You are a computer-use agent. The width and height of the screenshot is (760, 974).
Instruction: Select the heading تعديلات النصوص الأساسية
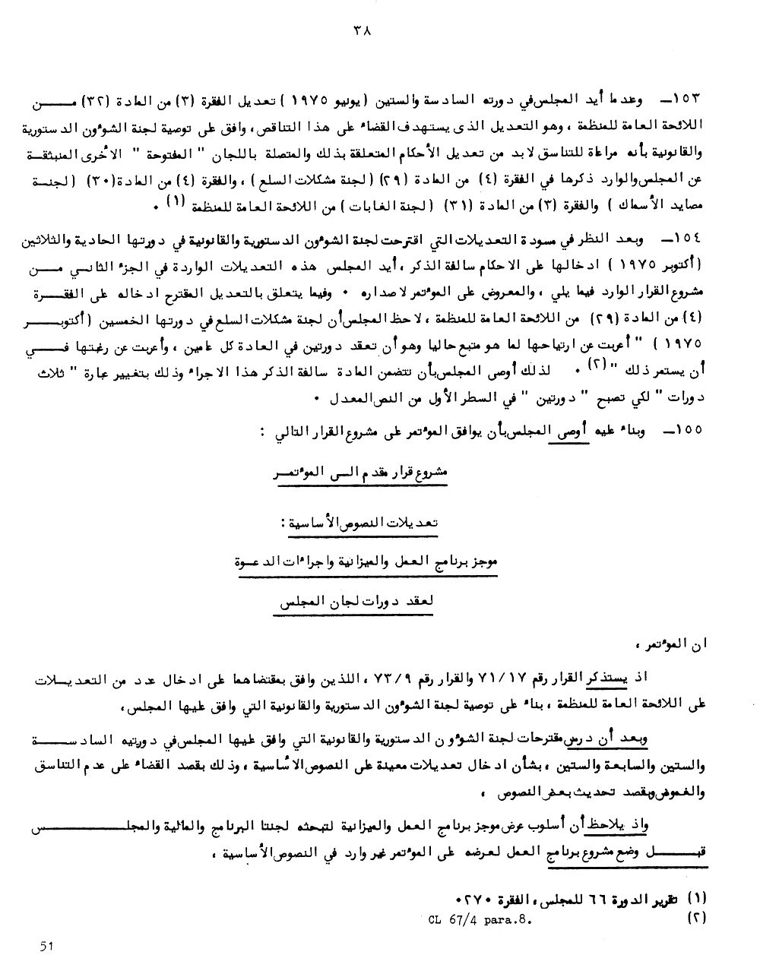click(x=360, y=523)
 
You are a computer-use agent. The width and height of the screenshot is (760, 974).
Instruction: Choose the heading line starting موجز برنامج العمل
click(x=368, y=563)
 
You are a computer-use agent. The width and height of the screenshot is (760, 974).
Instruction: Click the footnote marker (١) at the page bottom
click(x=695, y=902)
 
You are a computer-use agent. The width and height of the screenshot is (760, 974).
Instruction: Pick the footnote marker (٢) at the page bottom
click(x=695, y=918)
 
